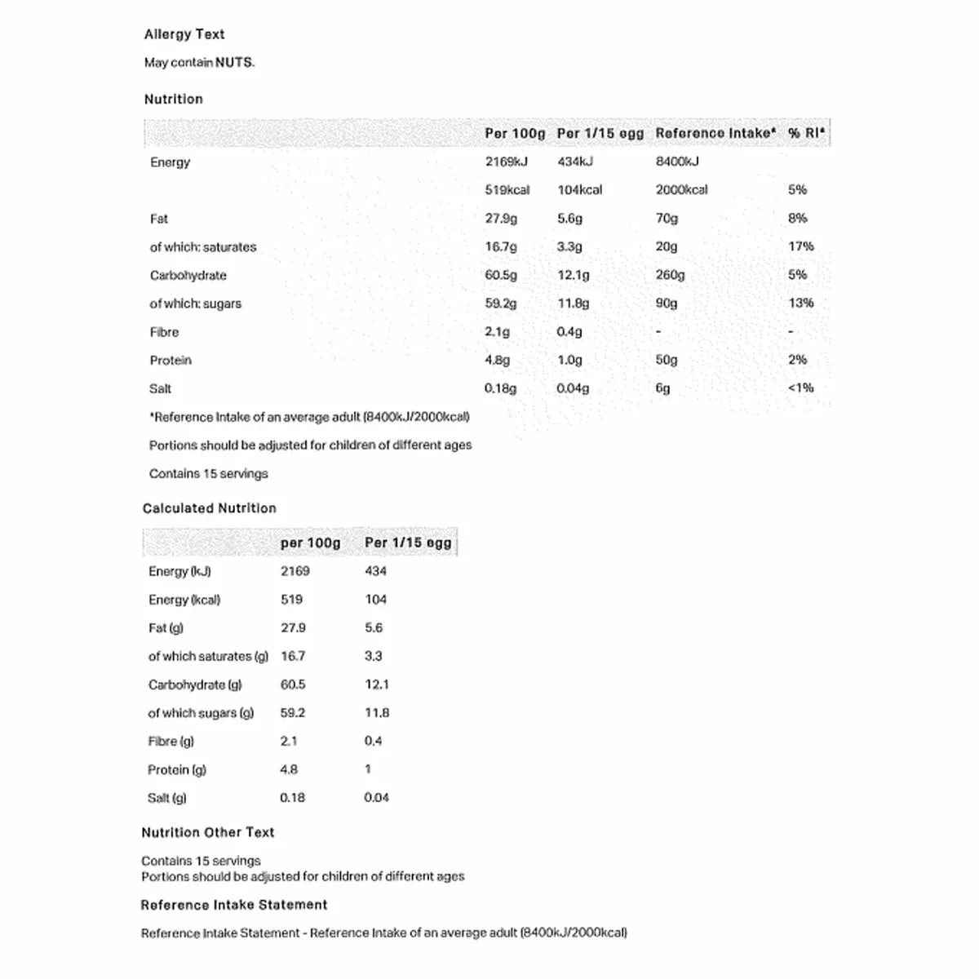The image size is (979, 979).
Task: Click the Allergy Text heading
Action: [x=184, y=34]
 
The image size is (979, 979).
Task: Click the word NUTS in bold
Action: [x=234, y=62]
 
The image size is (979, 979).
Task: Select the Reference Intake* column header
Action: [x=715, y=133]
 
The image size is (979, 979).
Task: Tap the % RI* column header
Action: [x=806, y=133]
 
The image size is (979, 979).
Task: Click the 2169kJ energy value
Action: [x=506, y=162]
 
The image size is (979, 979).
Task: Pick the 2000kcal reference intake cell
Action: [x=681, y=189]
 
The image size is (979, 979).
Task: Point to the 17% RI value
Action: [x=800, y=246]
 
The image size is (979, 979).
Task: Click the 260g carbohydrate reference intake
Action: [x=670, y=275]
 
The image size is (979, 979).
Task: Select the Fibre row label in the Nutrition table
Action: [x=164, y=332]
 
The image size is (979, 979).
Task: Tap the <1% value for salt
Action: [x=800, y=388]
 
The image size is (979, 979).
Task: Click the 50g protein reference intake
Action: [x=667, y=360]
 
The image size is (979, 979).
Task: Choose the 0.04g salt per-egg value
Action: [x=573, y=388]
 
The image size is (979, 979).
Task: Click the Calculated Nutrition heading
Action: [x=210, y=508]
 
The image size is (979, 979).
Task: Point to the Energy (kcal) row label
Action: [x=184, y=600]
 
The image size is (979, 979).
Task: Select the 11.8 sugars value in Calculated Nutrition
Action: [x=377, y=712]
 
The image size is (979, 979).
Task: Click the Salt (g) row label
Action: [x=167, y=798]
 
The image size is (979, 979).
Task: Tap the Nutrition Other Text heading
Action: [x=208, y=832]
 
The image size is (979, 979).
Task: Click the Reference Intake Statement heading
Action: [x=234, y=905]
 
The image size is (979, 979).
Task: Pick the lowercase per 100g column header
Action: [x=310, y=543]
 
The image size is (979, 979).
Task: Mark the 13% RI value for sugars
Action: [x=800, y=303]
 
